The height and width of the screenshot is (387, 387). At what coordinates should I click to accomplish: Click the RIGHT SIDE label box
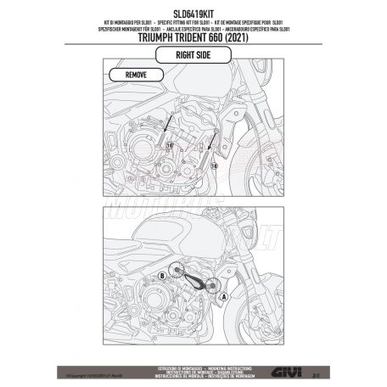[x=193, y=56]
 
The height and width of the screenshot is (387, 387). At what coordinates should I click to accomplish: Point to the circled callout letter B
[x=161, y=277]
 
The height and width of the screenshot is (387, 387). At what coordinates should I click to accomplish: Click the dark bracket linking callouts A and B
[x=195, y=284]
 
